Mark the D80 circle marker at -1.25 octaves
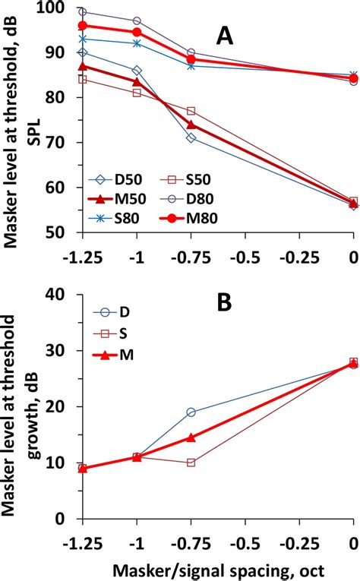[x=82, y=12]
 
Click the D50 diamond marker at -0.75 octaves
[x=191, y=138]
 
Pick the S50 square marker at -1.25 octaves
[x=82, y=79]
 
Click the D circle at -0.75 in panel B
[x=191, y=412]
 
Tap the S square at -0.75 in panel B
[x=191, y=463]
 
